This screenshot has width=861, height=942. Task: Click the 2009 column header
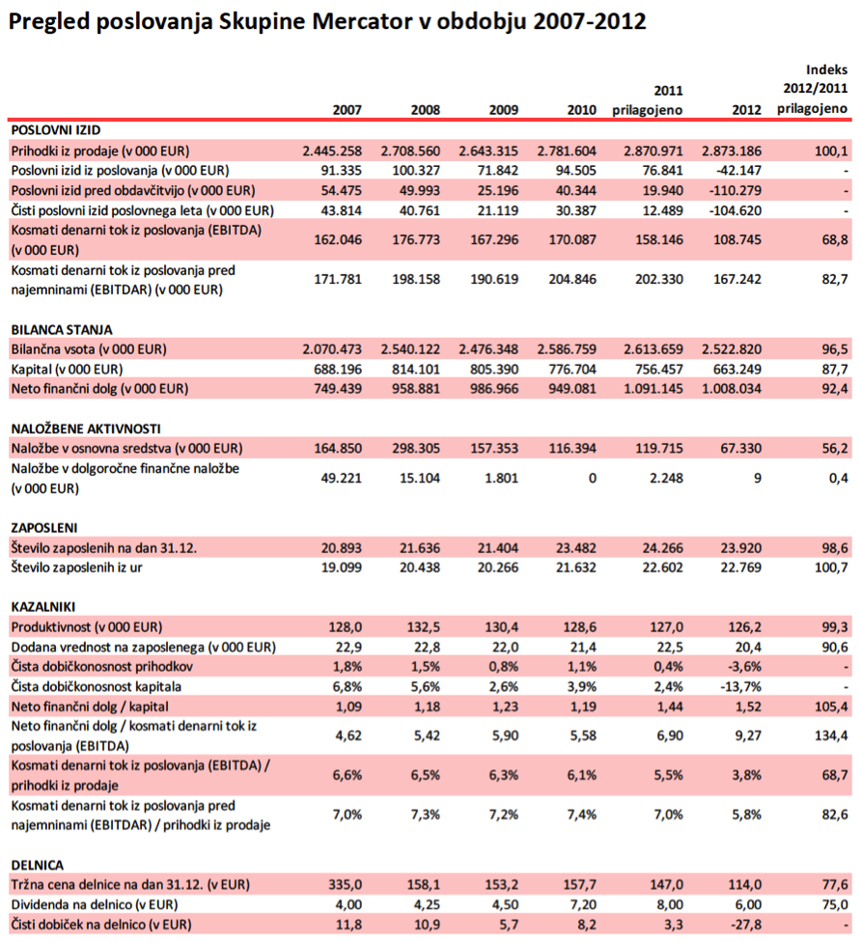pyautogui.click(x=505, y=110)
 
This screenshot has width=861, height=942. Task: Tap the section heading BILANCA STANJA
pyautogui.click(x=61, y=329)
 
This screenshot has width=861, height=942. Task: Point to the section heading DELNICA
pyautogui.click(x=38, y=864)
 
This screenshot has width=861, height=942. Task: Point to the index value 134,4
pyautogui.click(x=831, y=736)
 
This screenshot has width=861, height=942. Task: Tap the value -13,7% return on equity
pyautogui.click(x=739, y=687)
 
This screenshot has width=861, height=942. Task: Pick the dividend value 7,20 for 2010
pyautogui.click(x=581, y=904)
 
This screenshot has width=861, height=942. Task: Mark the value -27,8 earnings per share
pyautogui.click(x=742, y=925)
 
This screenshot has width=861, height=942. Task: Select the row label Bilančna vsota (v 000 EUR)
pyautogui.click(x=88, y=348)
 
